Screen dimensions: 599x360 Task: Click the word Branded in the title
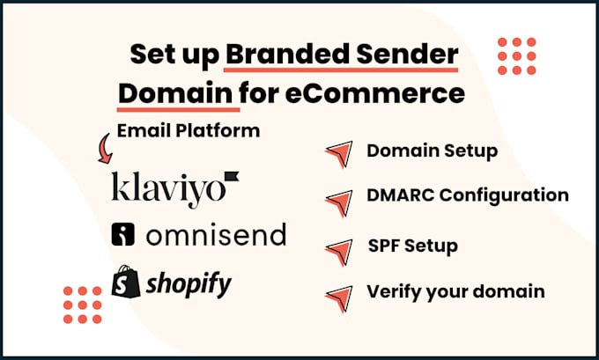point(287,55)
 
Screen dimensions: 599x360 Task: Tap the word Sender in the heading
point(407,55)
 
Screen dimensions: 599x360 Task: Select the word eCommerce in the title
point(374,93)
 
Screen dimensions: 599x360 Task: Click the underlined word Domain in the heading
point(175,93)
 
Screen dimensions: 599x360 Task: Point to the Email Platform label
point(189,130)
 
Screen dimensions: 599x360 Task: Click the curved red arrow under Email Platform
point(105,149)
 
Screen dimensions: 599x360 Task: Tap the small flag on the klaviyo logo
point(232,176)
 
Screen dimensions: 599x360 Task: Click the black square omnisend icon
point(123,234)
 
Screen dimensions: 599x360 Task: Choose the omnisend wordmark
point(216,234)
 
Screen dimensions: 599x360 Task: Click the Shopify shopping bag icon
point(126,282)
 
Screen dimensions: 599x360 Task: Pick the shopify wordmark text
point(189,284)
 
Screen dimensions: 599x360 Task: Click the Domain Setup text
point(432,151)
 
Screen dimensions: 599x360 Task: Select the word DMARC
point(401,195)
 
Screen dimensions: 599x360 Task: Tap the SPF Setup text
point(413,246)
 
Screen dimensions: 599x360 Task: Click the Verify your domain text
point(455,291)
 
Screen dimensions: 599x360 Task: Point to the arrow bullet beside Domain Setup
point(340,153)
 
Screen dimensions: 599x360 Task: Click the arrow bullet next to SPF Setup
point(340,252)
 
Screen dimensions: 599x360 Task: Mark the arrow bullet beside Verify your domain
point(340,298)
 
